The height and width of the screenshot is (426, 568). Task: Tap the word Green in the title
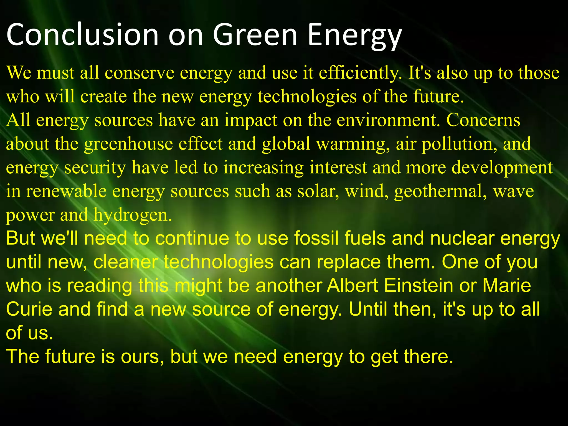[x=255, y=35]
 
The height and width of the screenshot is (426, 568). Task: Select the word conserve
[x=140, y=73]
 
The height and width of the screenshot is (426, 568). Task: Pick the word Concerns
[x=483, y=121]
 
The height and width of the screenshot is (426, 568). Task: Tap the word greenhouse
[x=128, y=144]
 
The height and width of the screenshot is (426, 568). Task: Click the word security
[x=95, y=168]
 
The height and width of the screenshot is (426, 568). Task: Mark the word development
[x=502, y=168]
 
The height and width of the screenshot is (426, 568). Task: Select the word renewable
[x=66, y=192]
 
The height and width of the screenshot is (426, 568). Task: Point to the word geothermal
[x=440, y=192]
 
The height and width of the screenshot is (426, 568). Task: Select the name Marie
[x=507, y=286]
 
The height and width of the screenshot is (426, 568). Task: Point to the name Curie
[x=29, y=310]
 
